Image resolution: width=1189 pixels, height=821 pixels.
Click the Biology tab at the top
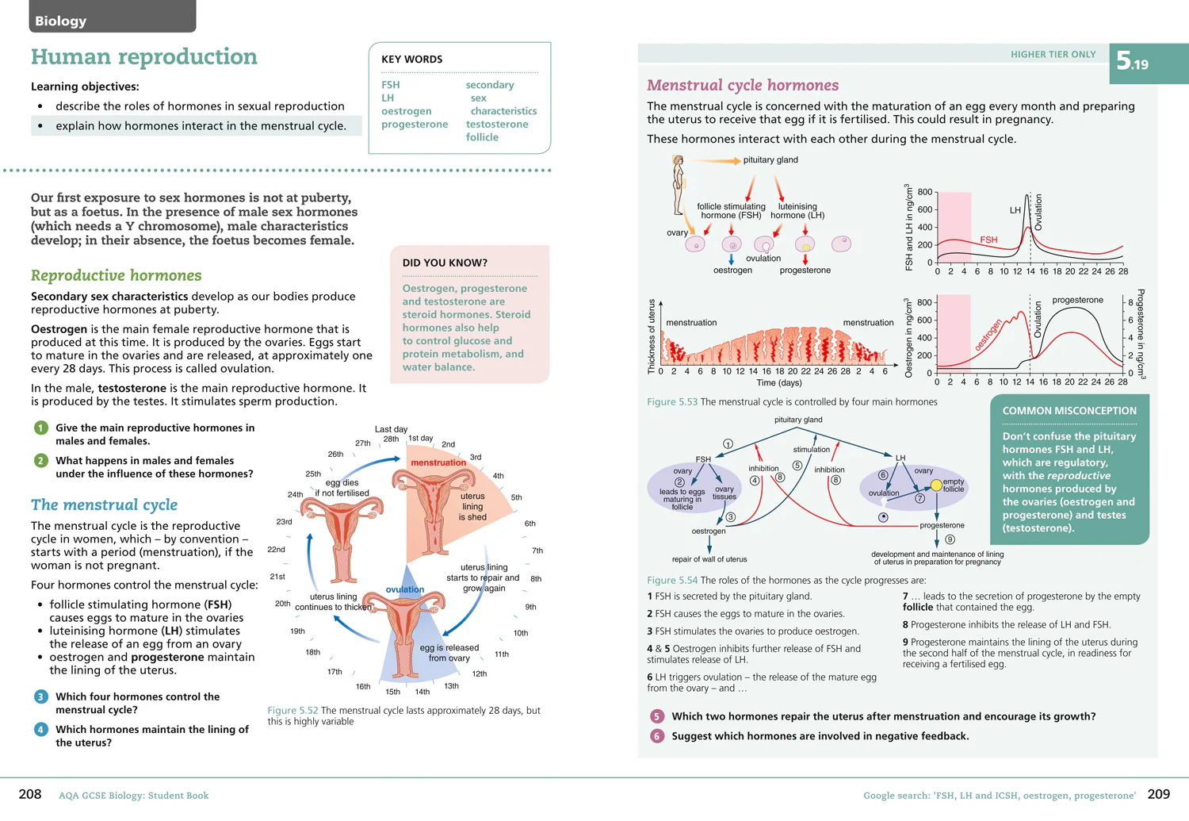click(112, 17)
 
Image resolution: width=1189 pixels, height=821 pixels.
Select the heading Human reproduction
click(143, 56)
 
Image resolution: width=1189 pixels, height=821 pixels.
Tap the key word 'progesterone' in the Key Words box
click(415, 125)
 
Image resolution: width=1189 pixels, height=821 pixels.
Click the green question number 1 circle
click(41, 428)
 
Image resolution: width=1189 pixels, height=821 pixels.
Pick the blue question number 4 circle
click(41, 730)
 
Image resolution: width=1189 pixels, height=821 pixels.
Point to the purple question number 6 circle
click(657, 736)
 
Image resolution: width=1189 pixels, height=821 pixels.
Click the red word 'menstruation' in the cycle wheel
click(438, 462)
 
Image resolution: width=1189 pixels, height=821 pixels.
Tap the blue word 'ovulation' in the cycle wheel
click(405, 589)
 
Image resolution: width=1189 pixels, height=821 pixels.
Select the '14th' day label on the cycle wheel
click(422, 692)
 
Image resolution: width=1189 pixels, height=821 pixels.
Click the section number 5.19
click(1132, 62)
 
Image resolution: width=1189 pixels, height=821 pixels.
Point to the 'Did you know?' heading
click(445, 263)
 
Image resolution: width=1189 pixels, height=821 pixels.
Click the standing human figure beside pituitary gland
click(678, 185)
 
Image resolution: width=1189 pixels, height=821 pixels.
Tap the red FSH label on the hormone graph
click(988, 240)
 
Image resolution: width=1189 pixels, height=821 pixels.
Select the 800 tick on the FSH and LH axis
click(925, 192)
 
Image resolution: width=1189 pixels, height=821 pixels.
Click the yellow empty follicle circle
click(936, 485)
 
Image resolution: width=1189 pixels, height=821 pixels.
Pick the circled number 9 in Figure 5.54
click(950, 539)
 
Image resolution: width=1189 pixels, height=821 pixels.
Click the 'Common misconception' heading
click(1069, 411)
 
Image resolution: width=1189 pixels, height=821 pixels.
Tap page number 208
click(30, 794)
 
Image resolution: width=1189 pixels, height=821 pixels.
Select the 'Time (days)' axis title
click(778, 383)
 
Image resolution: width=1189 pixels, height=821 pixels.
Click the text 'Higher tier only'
click(1053, 54)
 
